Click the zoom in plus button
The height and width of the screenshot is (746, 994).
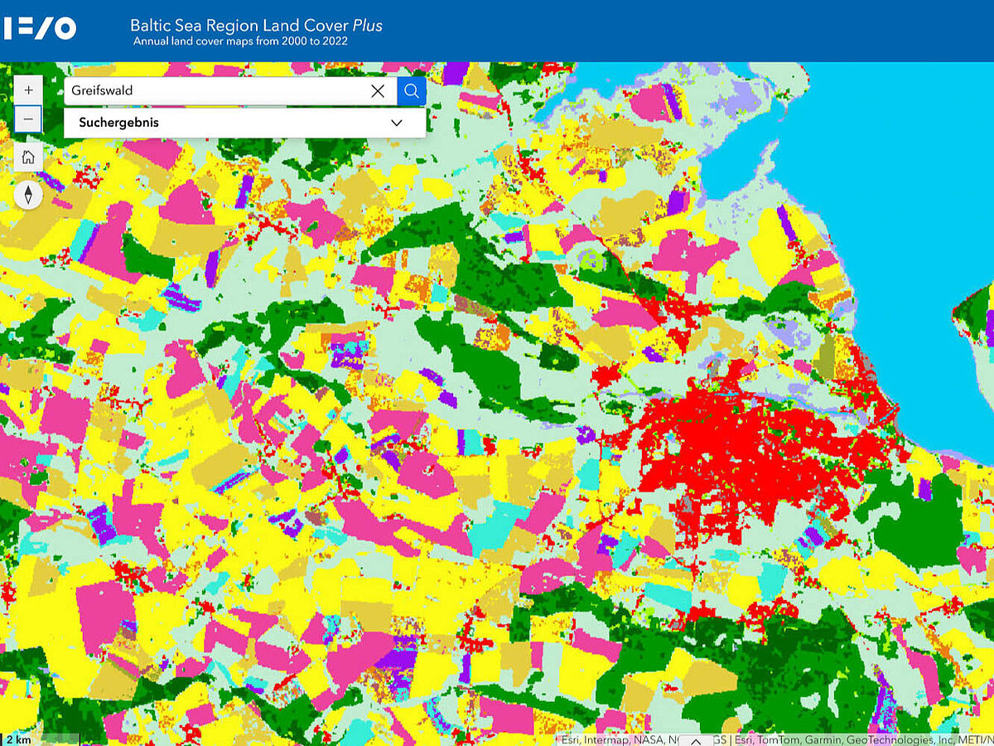pos(28,90)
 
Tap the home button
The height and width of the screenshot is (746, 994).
pos(28,157)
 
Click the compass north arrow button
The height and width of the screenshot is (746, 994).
pos(28,195)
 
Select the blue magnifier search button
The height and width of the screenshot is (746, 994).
pos(412,91)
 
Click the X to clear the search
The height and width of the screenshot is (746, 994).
pos(378,91)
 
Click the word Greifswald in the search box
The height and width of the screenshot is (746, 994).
pos(102,90)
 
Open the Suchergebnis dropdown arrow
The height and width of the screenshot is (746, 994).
pos(397,123)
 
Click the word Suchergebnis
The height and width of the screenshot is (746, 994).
pos(118,123)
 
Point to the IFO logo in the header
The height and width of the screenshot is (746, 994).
pos(39,28)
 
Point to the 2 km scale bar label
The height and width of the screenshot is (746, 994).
pos(18,739)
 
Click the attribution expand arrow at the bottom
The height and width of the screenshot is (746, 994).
pos(696,740)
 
